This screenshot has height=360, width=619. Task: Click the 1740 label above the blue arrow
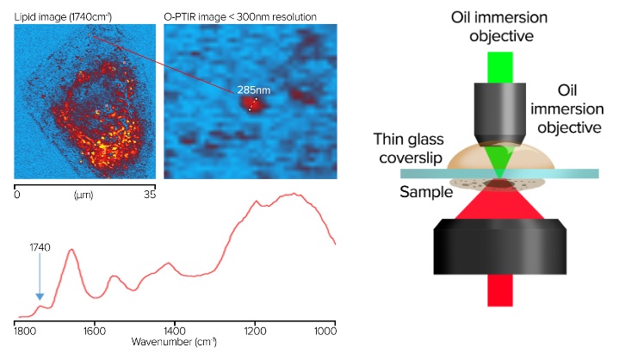pyautogui.click(x=40, y=248)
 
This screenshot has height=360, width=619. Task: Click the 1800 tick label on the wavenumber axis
pyautogui.click(x=24, y=330)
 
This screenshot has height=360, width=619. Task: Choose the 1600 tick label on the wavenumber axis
pyautogui.click(x=95, y=330)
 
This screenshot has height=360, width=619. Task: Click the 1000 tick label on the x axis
pyautogui.click(x=325, y=330)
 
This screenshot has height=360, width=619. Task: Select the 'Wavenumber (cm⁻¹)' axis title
pyautogui.click(x=173, y=342)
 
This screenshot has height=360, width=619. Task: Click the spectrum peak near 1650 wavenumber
pyautogui.click(x=71, y=251)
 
